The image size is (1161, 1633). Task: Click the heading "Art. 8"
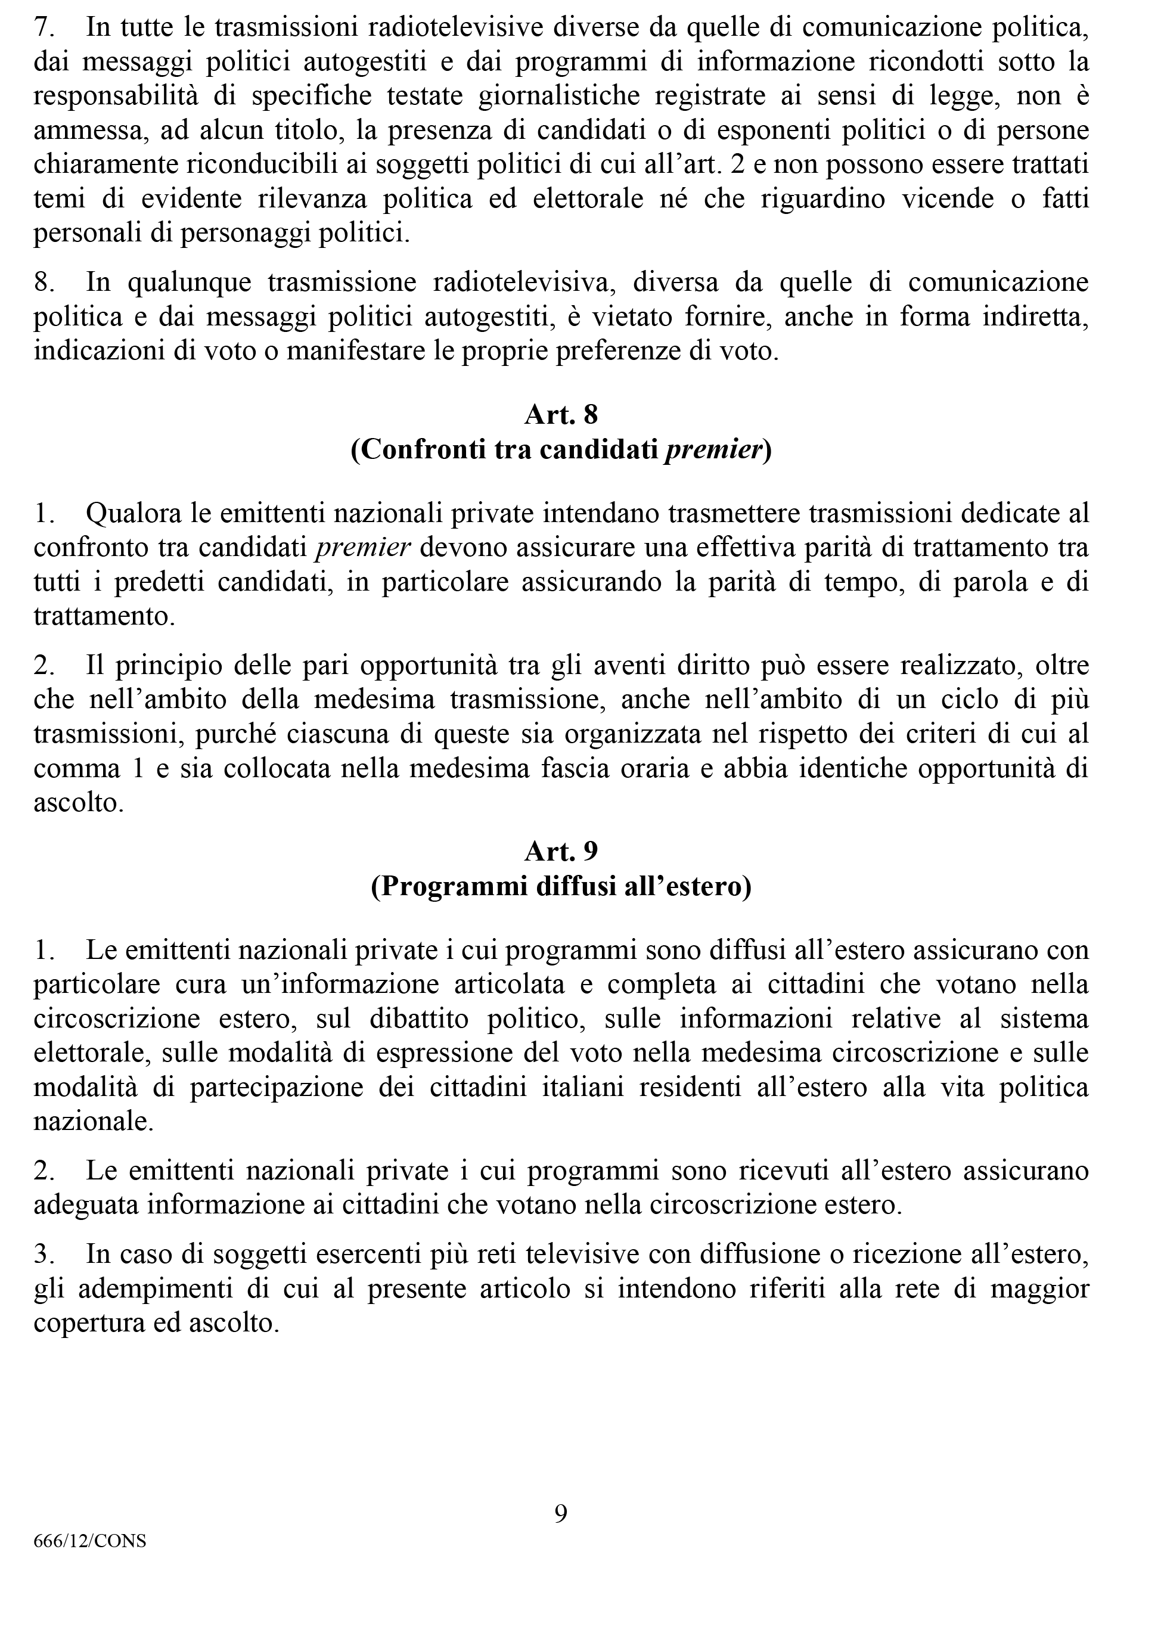pyautogui.click(x=561, y=415)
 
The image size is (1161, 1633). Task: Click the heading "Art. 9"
pyautogui.click(x=561, y=851)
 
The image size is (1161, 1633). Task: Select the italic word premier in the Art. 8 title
pyautogui.click(x=713, y=451)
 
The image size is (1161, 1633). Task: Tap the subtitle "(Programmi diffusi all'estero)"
pyautogui.click(x=561, y=887)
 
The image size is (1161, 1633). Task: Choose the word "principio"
pyautogui.click(x=165, y=666)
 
